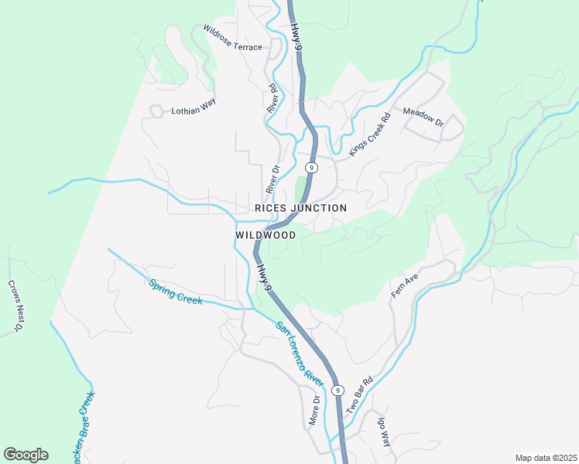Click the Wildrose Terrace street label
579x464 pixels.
point(232,38)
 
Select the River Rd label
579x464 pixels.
point(272,99)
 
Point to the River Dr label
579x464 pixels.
point(272,179)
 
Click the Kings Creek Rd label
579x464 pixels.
point(368,136)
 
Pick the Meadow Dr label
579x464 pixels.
point(423,118)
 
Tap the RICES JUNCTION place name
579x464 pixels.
point(300,209)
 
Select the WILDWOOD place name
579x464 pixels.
point(265,235)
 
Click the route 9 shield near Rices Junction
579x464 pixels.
point(311,167)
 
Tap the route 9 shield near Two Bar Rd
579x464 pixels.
point(337,391)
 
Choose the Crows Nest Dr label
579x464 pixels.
point(14,306)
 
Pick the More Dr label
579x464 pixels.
point(315,410)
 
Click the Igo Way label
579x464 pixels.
point(384,433)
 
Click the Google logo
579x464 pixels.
point(26,455)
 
